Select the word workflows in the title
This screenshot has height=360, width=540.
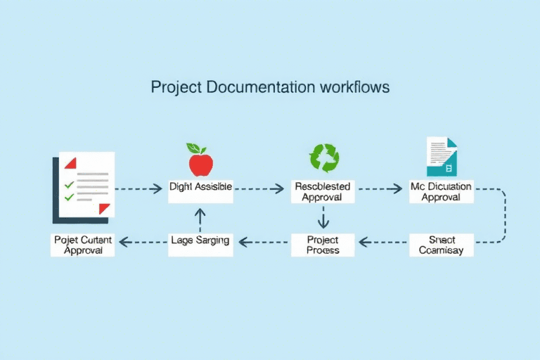click(x=354, y=89)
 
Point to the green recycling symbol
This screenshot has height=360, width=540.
click(x=324, y=158)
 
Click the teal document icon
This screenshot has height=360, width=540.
click(x=442, y=157)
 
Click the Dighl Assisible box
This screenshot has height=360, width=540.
click(x=200, y=188)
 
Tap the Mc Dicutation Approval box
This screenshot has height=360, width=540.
click(x=441, y=192)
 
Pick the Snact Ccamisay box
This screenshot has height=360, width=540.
click(x=441, y=244)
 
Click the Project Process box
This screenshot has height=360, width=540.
click(x=323, y=244)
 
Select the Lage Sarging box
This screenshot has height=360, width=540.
click(x=200, y=240)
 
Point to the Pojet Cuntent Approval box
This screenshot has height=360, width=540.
click(x=83, y=244)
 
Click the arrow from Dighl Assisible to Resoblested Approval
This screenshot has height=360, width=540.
click(x=262, y=188)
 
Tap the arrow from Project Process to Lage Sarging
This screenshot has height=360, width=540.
click(x=264, y=242)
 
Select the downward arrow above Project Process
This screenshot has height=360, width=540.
click(x=323, y=219)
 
